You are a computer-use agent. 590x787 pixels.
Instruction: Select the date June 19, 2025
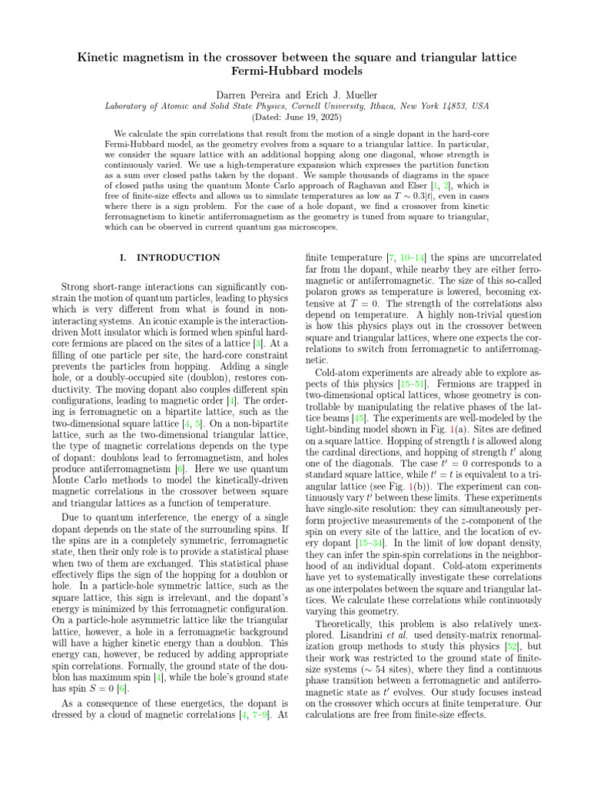307,118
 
